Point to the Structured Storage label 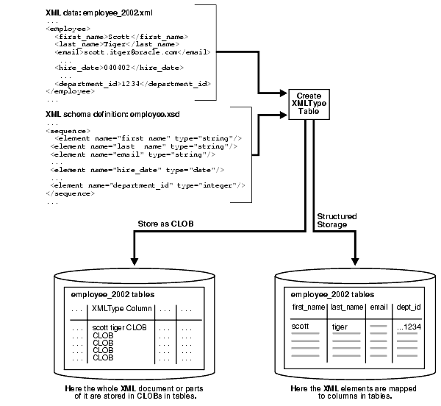tap(337, 221)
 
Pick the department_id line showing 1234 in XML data tap(130, 84)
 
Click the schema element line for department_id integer tap(148, 185)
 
